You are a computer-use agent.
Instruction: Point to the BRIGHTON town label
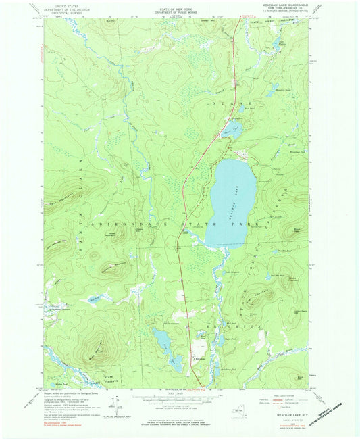pos(236,326)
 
